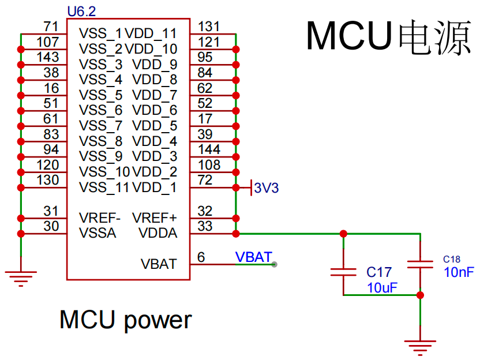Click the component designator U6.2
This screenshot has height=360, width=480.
point(82,12)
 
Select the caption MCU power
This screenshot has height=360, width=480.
point(125,320)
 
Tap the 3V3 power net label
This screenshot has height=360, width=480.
point(266,187)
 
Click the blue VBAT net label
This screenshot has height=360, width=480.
point(253,257)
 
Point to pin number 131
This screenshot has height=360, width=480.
point(208,27)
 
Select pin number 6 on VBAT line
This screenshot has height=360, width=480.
point(201,257)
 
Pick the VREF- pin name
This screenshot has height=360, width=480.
point(100,218)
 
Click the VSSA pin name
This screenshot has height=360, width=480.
point(98,234)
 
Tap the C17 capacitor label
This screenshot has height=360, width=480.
point(379,272)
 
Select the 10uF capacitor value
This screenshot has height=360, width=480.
point(382,287)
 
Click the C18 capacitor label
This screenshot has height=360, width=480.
point(452,259)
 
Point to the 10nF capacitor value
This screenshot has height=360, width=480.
point(459,272)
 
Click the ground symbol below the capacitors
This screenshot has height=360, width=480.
point(420,346)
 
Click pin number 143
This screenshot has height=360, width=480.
point(47,57)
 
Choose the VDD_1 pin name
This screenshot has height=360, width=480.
point(155,187)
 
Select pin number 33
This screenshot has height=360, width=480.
point(205,226)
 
